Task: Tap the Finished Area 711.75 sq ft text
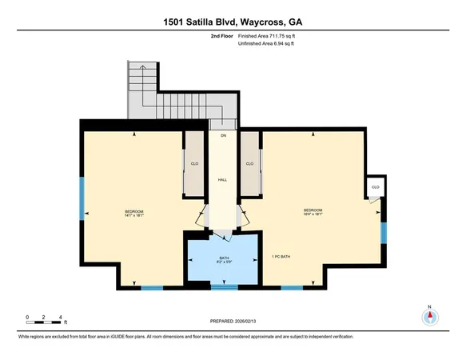pos(272,36)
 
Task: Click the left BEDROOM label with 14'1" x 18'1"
pos(133,213)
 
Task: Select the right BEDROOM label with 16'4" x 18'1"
pos(313,213)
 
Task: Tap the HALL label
pos(223,180)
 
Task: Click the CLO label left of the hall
pos(194,164)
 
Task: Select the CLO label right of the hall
pos(250,164)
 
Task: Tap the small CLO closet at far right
pos(375,187)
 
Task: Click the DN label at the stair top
pos(224,136)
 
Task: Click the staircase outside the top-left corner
pos(160,92)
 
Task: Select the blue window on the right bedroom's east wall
pos(383,232)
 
